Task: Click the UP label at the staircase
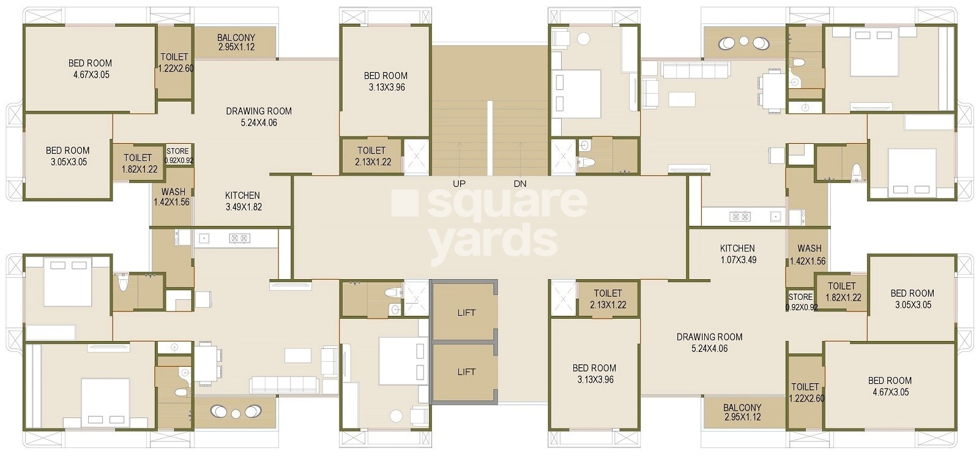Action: (459, 184)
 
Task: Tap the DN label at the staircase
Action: (520, 184)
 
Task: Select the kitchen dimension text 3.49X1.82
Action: (244, 207)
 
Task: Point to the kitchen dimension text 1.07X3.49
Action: (738, 260)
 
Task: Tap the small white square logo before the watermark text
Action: (404, 203)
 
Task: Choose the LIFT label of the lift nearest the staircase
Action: (466, 313)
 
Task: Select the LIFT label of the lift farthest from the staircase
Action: (466, 372)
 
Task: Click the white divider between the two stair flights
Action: (490, 138)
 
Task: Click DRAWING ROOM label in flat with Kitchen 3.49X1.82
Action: (259, 111)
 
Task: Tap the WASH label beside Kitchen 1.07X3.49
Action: (810, 249)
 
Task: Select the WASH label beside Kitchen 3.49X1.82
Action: (173, 192)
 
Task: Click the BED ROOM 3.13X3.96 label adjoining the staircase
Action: (386, 76)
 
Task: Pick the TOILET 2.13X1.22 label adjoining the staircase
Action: (371, 151)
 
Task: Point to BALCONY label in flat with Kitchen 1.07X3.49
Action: (742, 408)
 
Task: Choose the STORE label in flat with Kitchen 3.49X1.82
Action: (177, 151)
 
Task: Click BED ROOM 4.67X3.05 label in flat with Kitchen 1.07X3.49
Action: (890, 380)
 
